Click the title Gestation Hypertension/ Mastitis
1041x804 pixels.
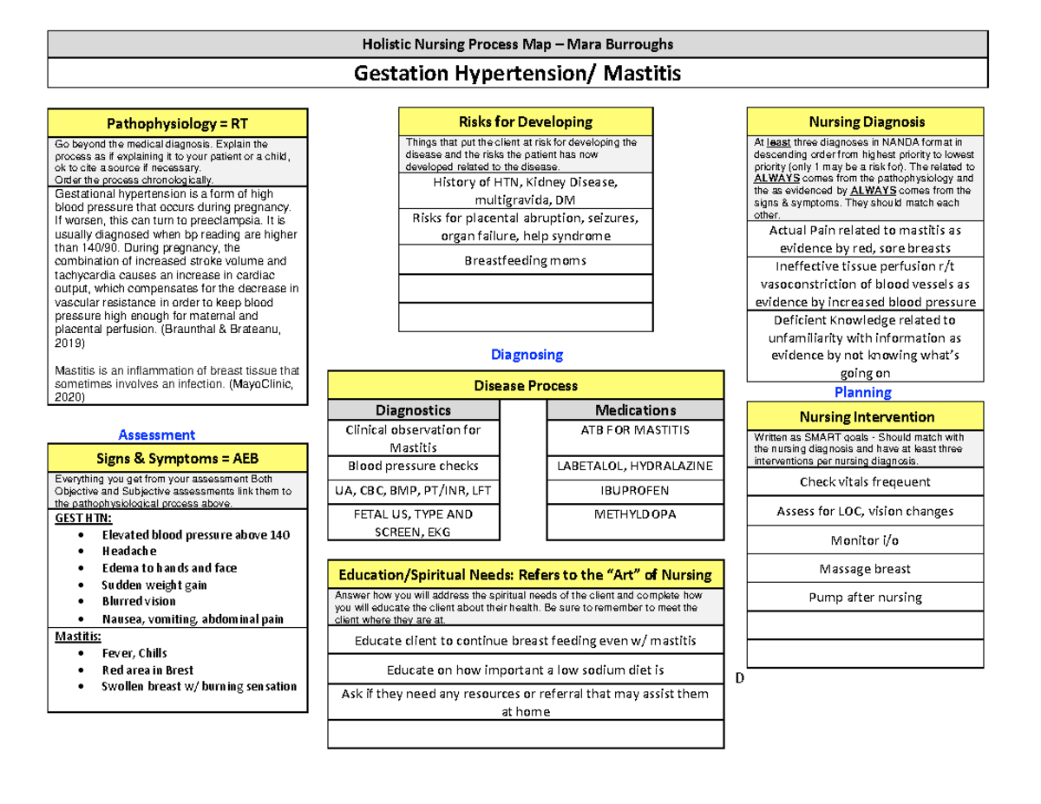click(517, 74)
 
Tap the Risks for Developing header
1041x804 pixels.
click(525, 122)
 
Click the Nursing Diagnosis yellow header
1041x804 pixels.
click(865, 122)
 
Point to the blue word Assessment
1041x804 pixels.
click(157, 435)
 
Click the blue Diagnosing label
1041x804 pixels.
click(527, 354)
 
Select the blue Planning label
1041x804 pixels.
click(862, 392)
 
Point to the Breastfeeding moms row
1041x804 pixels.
click(525, 259)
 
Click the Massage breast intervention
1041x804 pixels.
click(865, 569)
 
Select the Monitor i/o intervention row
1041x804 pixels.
click(865, 540)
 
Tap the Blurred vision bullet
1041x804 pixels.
click(139, 601)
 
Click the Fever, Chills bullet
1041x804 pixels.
click(134, 653)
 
